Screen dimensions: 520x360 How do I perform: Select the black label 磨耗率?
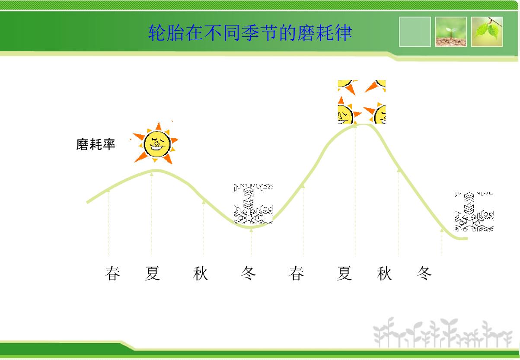coord(96,144)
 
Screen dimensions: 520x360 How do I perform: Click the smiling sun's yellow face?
coord(157,144)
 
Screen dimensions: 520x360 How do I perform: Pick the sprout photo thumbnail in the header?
coord(451,32)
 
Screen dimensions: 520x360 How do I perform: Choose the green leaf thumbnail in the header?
coord(487,32)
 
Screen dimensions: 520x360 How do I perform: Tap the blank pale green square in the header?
coord(415,32)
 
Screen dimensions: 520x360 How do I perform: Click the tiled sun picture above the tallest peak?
coord(362,102)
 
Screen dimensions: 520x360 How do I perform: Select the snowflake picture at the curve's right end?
coord(474,212)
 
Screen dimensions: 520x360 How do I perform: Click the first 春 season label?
coord(112,274)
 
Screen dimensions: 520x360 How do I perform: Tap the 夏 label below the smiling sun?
coord(153,274)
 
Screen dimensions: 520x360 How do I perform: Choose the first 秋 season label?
coord(200,274)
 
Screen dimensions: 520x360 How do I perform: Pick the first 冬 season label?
coord(249,274)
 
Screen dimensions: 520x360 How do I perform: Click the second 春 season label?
coord(297,274)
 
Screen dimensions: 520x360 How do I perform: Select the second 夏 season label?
coord(345,274)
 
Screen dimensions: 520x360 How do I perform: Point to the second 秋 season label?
coord(384,274)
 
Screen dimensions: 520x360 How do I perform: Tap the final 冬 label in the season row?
coord(424,274)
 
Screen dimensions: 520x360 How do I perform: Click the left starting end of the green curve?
coord(87,202)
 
